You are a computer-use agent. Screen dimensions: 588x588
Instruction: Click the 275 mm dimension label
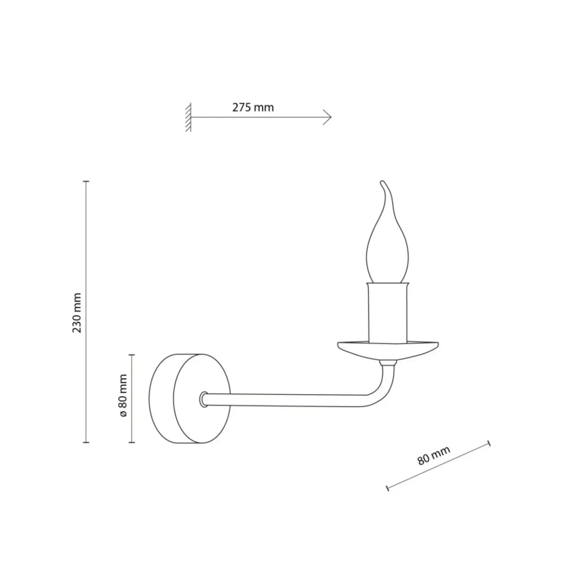pos(253,107)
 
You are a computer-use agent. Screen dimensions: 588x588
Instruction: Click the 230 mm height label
pos(77,313)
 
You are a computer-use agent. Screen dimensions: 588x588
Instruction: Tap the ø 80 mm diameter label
pos(123,395)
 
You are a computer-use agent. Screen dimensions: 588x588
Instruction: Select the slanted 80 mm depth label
pos(434,455)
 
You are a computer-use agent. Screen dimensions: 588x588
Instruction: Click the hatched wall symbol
pos(188,117)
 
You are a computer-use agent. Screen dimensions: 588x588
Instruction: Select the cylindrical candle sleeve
pos(388,312)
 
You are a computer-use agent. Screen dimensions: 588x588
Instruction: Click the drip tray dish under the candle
pos(388,350)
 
